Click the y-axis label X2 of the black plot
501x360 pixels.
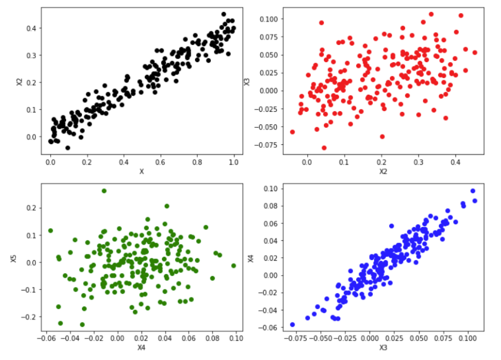tap(19, 81)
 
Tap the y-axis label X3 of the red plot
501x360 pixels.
tap(247, 81)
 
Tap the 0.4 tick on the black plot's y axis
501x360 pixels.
tap(30, 28)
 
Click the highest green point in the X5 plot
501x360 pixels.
tap(104, 191)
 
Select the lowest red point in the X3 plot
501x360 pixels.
tap(324, 148)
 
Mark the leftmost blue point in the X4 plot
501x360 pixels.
tap(292, 324)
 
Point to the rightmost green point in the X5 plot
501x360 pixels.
tap(234, 266)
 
